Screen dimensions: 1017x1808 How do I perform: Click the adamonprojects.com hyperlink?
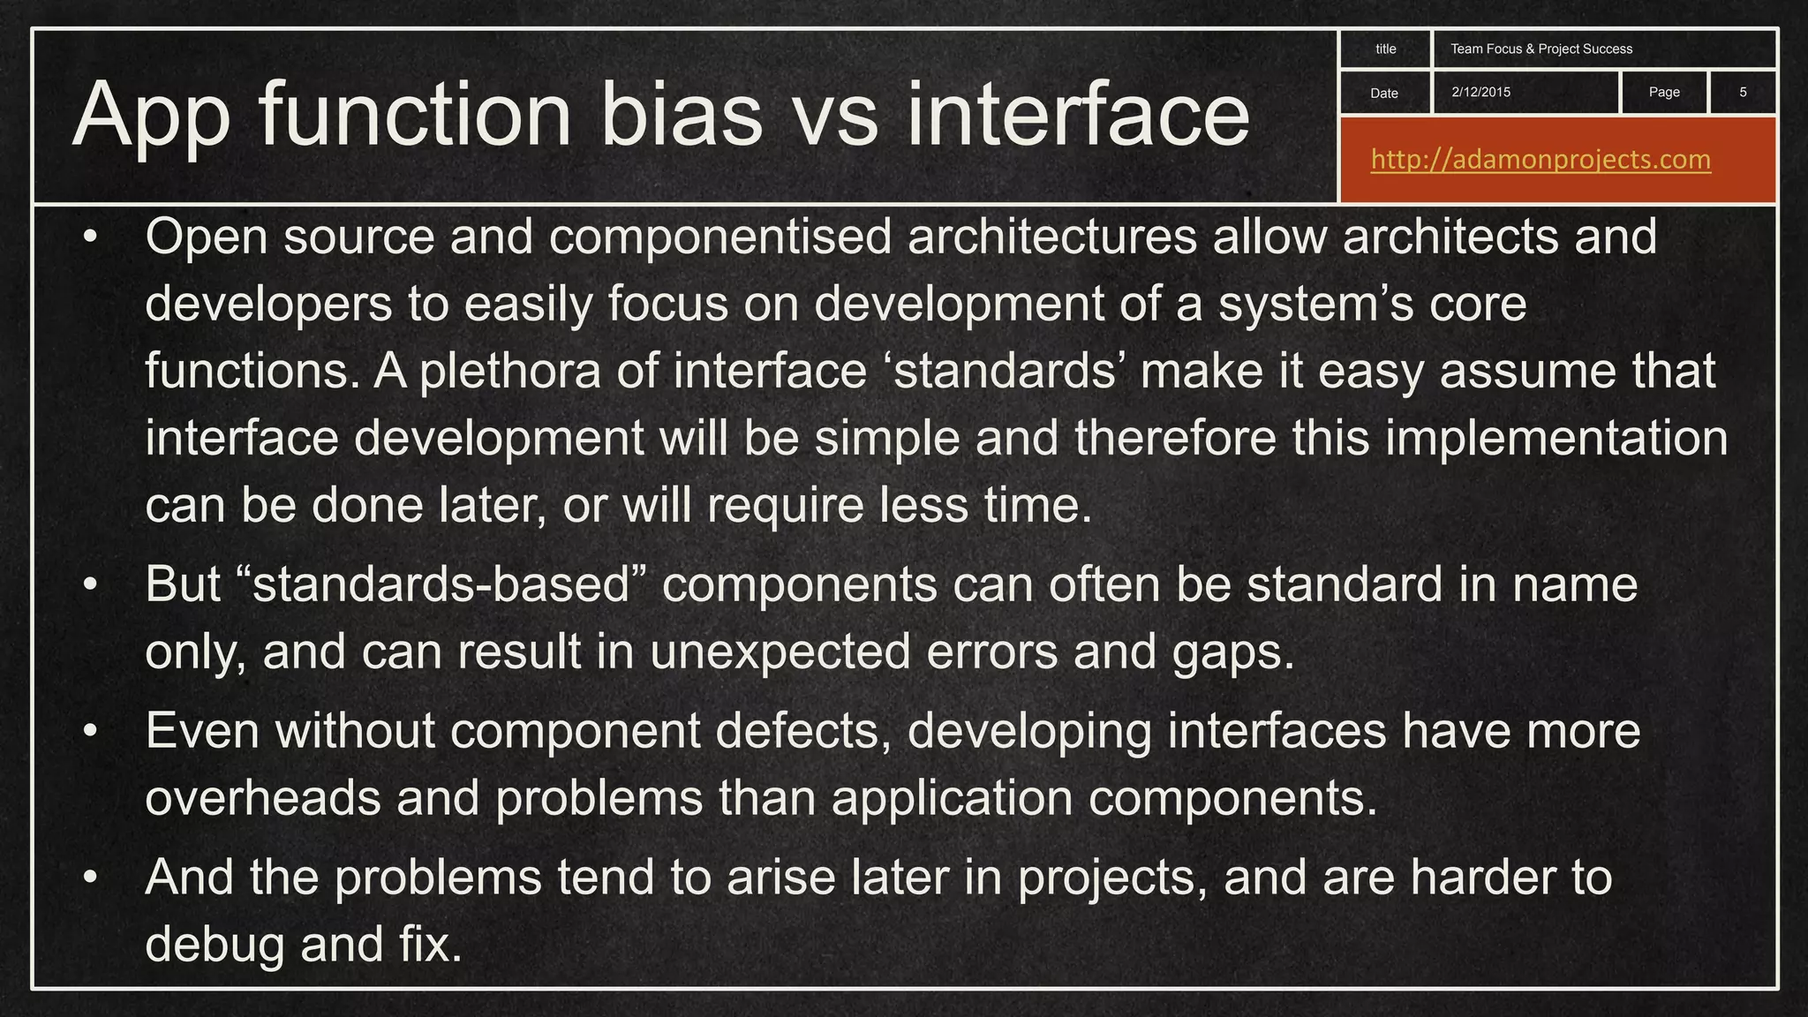click(x=1541, y=160)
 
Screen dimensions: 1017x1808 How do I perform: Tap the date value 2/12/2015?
click(x=1480, y=92)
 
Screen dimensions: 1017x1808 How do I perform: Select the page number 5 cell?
click(x=1742, y=92)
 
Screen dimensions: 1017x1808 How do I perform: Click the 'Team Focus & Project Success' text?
click(x=1541, y=49)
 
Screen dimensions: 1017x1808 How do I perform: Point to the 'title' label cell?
click(x=1385, y=49)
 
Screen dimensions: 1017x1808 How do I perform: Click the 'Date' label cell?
click(x=1383, y=93)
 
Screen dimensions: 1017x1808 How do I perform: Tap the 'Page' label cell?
click(x=1663, y=92)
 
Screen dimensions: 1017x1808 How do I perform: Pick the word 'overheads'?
click(x=262, y=798)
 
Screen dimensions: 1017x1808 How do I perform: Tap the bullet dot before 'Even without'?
click(x=89, y=733)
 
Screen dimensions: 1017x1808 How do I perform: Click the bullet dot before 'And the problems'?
click(x=89, y=879)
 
